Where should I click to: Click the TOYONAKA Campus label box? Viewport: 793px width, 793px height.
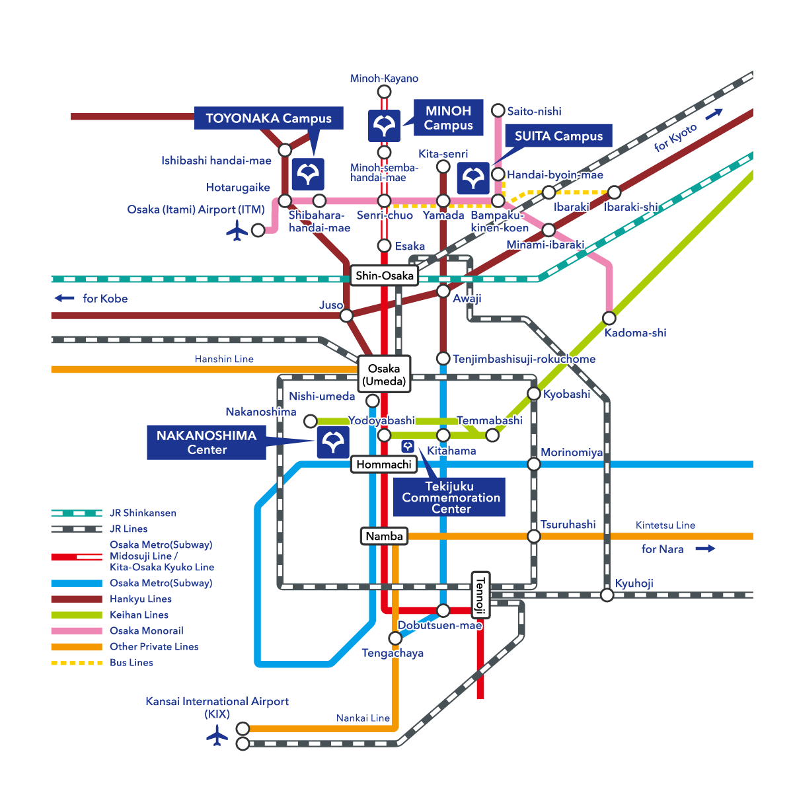(268, 118)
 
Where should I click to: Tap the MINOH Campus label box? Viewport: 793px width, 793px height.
(449, 118)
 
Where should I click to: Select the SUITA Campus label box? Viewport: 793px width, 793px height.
(558, 136)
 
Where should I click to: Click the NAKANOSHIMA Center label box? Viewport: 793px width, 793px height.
(206, 442)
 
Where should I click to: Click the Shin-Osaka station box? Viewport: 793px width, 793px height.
(384, 276)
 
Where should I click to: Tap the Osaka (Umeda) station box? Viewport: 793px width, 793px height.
(384, 375)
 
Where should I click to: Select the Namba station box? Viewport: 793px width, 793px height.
(384, 536)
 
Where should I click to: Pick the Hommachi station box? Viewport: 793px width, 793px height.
(384, 464)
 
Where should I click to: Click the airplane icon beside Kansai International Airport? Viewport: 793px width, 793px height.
(217, 736)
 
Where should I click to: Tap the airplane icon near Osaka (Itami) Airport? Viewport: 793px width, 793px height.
(237, 231)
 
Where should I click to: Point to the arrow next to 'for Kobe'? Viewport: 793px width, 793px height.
(64, 298)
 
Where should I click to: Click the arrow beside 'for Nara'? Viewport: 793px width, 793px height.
(705, 548)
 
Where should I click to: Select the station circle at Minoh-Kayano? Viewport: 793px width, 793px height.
(384, 91)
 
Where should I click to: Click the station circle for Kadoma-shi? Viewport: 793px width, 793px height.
(609, 317)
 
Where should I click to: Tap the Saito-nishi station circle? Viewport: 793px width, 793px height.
(498, 110)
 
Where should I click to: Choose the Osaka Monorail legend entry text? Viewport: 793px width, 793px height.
(147, 630)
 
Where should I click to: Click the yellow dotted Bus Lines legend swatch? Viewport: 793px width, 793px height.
(77, 662)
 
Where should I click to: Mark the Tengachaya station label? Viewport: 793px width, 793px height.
(393, 653)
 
